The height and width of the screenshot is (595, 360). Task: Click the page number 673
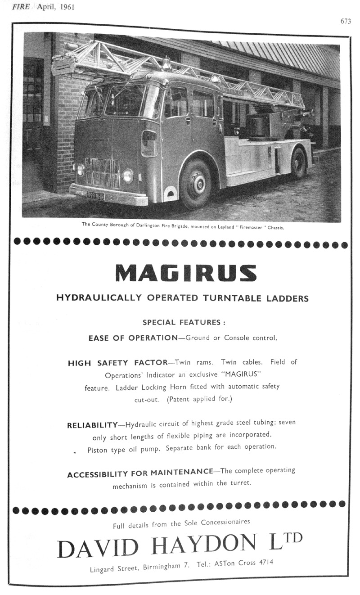(x=345, y=21)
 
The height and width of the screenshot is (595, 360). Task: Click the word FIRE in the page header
(x=21, y=7)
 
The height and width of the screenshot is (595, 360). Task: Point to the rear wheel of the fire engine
(x=298, y=162)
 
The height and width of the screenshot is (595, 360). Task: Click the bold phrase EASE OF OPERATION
(x=133, y=338)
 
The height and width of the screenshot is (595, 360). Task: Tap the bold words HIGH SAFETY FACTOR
(x=117, y=363)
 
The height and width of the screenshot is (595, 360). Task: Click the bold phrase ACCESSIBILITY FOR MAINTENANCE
(x=139, y=473)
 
